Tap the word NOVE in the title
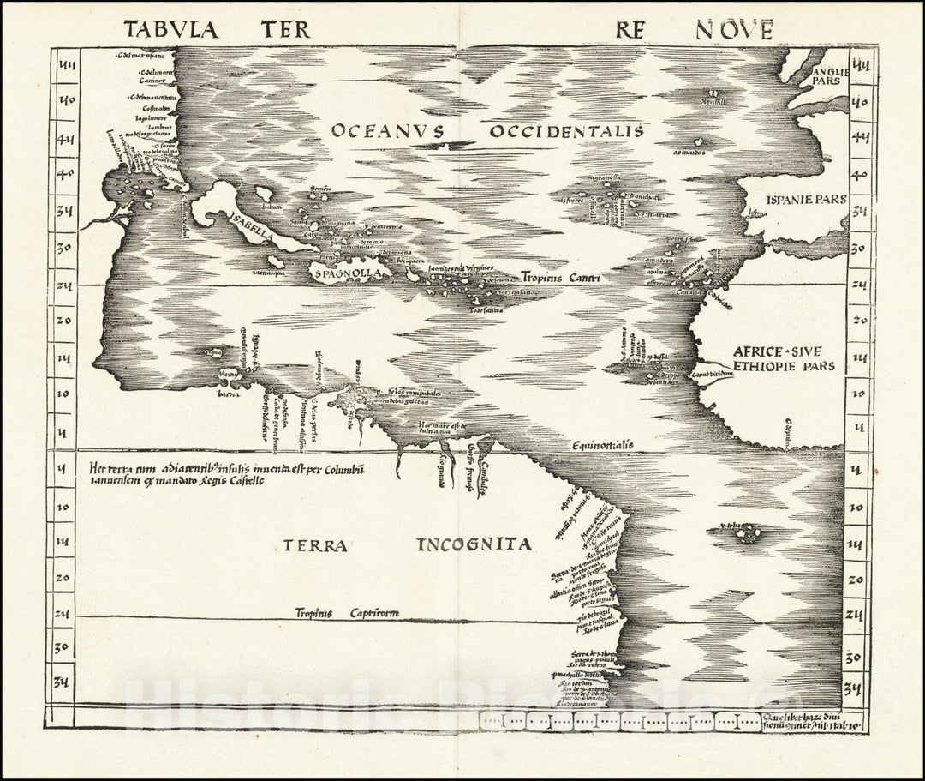(734, 30)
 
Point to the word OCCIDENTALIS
(564, 131)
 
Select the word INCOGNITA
(474, 544)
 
